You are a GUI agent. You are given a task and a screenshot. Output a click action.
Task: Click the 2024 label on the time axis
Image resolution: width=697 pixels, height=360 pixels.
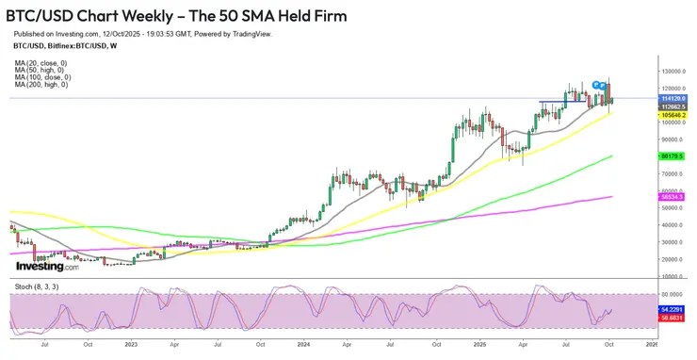(303, 346)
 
